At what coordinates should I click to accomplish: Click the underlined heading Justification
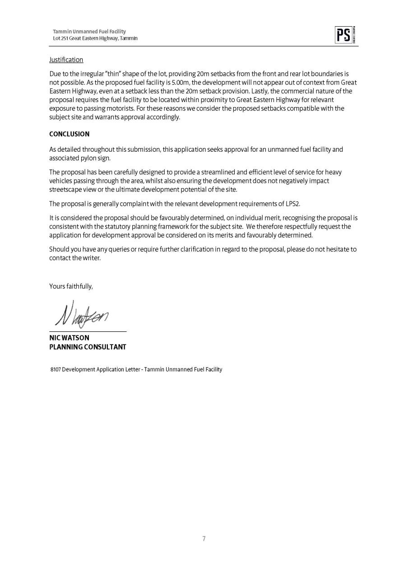pyautogui.click(x=66, y=60)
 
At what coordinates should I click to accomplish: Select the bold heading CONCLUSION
pyautogui.click(x=69, y=134)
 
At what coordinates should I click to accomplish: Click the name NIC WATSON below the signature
pyautogui.click(x=69, y=338)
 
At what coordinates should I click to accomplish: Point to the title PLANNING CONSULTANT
pyautogui.click(x=88, y=347)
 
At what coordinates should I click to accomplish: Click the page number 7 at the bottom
pyautogui.click(x=204, y=538)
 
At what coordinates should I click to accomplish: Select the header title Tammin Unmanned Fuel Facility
pyautogui.click(x=89, y=32)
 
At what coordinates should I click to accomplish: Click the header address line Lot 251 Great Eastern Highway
pyautogui.click(x=95, y=38)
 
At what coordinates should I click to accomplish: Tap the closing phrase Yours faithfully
pyautogui.click(x=71, y=286)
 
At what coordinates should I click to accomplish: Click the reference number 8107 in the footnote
pyautogui.click(x=56, y=369)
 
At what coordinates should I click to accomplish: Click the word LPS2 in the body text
pyautogui.click(x=292, y=204)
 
